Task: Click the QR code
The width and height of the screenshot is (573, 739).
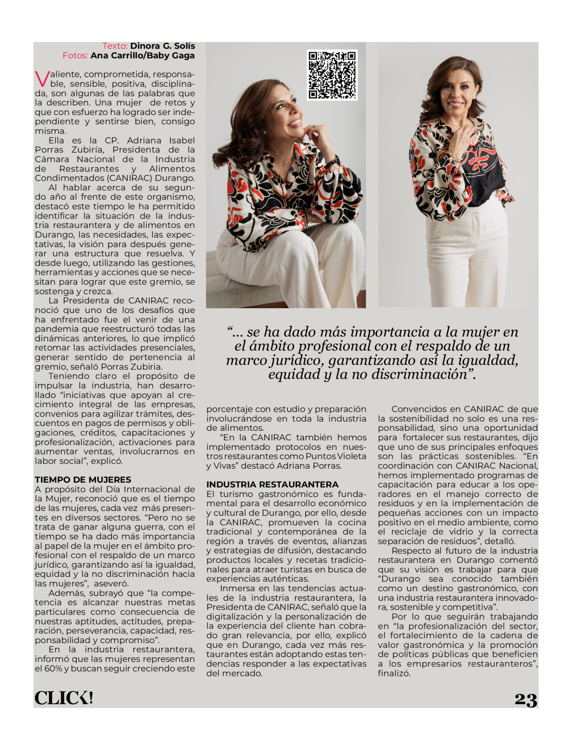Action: [332, 75]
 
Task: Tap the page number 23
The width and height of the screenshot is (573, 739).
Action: [526, 699]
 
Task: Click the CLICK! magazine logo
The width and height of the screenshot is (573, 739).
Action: [64, 698]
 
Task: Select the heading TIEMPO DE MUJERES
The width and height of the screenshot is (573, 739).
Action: [83, 479]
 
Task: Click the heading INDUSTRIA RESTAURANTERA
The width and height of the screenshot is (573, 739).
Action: [272, 484]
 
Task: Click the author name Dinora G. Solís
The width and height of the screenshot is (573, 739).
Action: [162, 46]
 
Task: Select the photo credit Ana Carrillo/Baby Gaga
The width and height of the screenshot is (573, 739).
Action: [142, 55]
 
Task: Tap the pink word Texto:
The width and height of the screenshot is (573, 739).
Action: [115, 46]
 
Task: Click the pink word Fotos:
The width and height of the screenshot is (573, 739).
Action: [75, 55]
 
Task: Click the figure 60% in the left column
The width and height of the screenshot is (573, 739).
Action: [53, 668]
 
